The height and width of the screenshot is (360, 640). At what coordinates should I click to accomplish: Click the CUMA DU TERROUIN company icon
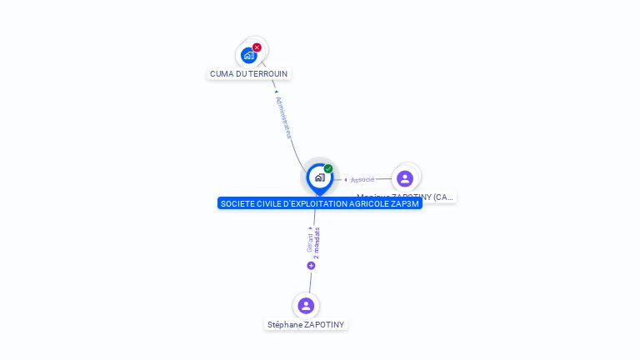248,55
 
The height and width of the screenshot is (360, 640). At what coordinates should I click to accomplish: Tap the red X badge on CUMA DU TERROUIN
257,47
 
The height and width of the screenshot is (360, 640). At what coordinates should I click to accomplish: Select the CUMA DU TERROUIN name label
248,73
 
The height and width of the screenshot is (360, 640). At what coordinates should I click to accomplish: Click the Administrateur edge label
284,117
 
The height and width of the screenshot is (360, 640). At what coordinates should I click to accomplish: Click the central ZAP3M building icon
319,177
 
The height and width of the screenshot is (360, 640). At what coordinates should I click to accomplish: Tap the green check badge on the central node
328,169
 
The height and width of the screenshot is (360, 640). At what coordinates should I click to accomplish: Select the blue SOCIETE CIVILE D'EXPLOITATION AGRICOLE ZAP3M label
319,203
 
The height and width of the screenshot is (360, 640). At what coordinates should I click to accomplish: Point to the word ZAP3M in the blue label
406,203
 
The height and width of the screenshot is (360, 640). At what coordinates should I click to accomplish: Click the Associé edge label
362,179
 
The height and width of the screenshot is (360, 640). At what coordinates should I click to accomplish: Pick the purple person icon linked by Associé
405,178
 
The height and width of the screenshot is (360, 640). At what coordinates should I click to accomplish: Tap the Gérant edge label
310,242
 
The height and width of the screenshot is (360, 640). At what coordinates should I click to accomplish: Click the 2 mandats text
317,242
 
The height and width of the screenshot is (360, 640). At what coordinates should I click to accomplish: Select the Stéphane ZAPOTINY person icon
306,306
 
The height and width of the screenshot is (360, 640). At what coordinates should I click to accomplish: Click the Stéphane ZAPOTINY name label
306,324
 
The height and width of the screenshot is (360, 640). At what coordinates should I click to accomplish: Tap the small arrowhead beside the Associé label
346,179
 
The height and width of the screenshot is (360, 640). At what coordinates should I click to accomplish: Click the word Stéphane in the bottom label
284,324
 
